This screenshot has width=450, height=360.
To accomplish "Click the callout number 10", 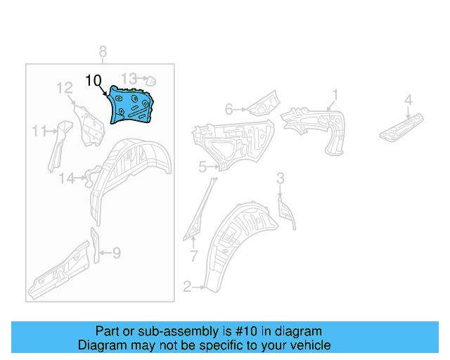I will pos(94,80).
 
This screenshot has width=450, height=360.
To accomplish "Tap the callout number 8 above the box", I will pos(103,51).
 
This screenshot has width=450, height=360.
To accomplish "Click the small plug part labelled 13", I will pos(149,79).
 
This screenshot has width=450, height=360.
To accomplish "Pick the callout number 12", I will pos(65,88).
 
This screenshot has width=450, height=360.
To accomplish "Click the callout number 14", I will pos(66,179).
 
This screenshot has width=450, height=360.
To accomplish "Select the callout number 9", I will pos(117,252).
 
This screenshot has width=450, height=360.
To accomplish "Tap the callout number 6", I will pos(229,109).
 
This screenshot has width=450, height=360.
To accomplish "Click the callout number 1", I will pos(335,94).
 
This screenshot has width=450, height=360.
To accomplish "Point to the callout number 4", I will pos(408,103).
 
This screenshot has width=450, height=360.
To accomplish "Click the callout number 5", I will pos(202,167).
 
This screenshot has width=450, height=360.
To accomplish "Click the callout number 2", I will pos(187,286).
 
